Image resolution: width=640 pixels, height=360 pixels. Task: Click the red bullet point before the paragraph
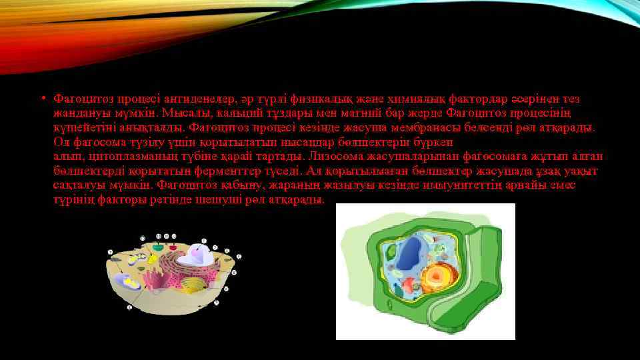41,99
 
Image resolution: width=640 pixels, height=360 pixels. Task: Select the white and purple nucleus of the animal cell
199,253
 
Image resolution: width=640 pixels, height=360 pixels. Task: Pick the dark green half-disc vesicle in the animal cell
157,248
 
